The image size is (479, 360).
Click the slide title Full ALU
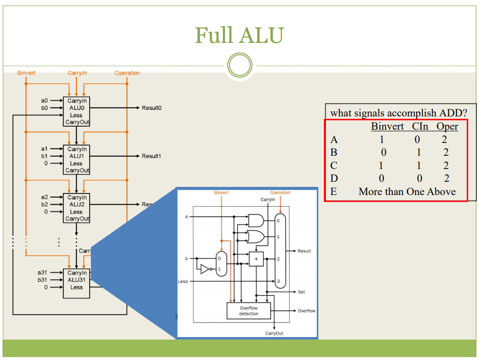coord(239,35)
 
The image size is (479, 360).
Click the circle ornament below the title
coord(239,66)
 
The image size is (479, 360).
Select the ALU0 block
coord(77,111)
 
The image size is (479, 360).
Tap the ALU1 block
coord(77,159)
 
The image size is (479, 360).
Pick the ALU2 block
coord(77,208)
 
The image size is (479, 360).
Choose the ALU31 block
coord(77,283)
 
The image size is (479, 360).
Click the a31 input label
coord(42,273)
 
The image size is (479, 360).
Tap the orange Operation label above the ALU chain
coord(127,73)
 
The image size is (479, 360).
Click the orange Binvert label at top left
coord(26,73)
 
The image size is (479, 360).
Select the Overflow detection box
coord(248,311)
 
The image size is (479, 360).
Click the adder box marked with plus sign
coord(256,259)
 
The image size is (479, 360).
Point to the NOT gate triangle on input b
coord(205,269)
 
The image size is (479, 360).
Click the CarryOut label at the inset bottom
coord(274,333)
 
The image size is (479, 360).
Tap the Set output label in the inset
coord(301,292)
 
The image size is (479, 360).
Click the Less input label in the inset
coord(183,281)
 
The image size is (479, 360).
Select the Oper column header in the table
coord(447,127)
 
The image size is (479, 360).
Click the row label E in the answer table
coord(334,192)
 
